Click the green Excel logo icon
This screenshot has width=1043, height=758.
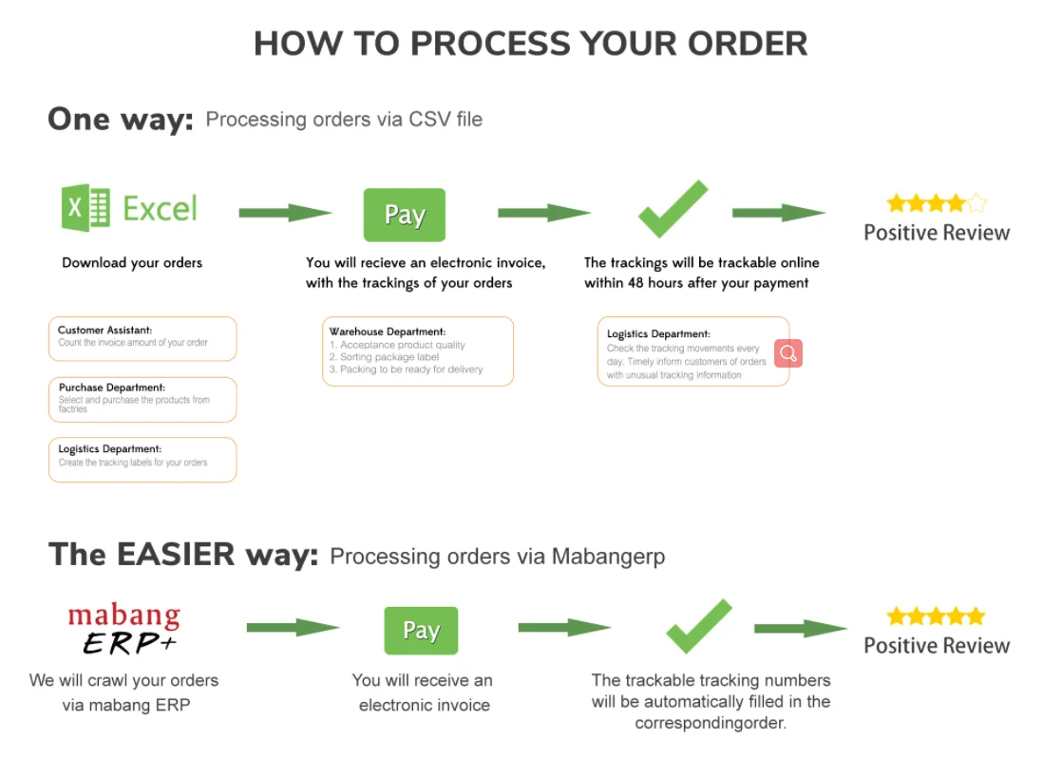click(x=86, y=208)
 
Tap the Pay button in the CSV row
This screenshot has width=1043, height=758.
click(x=405, y=215)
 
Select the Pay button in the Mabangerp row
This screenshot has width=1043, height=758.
click(x=421, y=631)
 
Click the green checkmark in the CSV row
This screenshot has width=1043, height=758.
click(x=673, y=208)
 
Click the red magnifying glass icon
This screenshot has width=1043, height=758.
click(x=787, y=353)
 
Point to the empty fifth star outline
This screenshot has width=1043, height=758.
click(x=976, y=202)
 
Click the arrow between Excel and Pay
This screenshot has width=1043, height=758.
click(x=284, y=213)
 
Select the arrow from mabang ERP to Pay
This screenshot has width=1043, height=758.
click(x=293, y=628)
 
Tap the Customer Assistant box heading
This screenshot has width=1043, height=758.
click(x=105, y=331)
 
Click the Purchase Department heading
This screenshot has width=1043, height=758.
click(x=112, y=388)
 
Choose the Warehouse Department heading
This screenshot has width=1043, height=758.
click(x=388, y=332)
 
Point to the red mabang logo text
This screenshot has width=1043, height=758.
click(x=123, y=616)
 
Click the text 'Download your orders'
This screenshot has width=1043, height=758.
click(x=132, y=262)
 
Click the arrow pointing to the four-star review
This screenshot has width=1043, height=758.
click(x=778, y=213)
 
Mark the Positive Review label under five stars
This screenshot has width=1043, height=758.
click(x=936, y=646)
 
